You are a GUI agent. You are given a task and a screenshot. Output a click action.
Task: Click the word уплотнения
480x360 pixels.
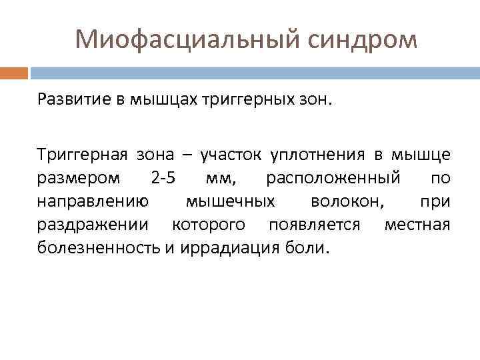pos(317,155)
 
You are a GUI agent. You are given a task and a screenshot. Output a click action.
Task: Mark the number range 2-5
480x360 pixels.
pos(163,179)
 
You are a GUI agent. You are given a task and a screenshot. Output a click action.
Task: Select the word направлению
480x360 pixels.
pos(93,202)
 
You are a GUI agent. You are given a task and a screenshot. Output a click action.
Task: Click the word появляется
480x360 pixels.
pos(314,225)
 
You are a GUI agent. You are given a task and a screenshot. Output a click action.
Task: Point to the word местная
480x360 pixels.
pos(417,225)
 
